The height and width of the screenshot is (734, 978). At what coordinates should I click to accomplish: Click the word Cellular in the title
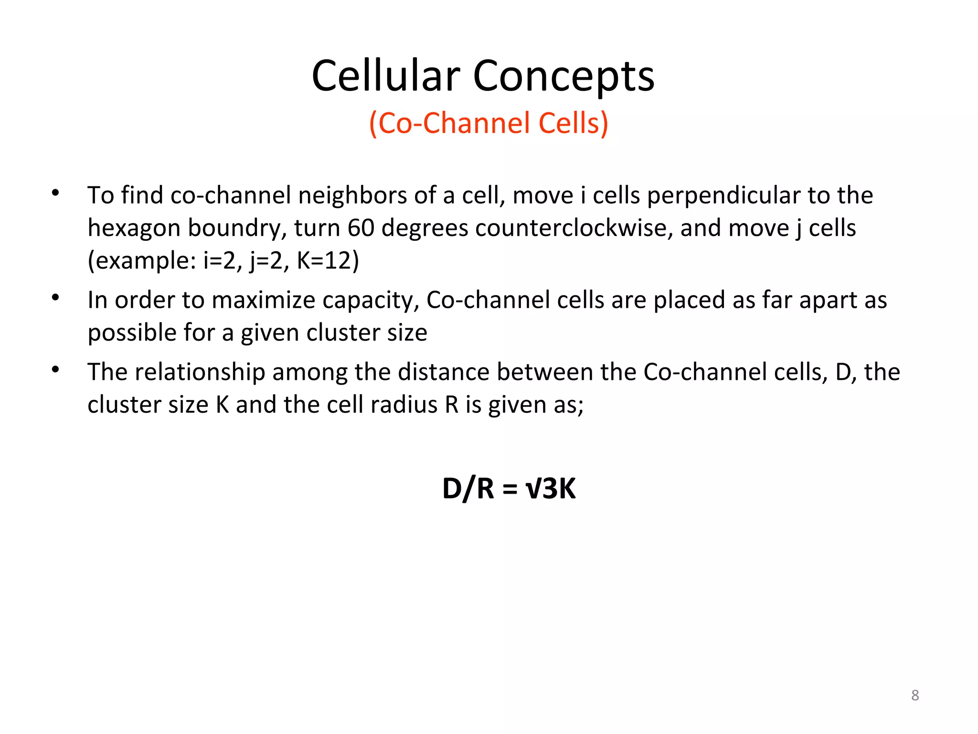coord(386,76)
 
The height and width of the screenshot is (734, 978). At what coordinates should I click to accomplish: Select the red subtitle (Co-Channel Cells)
coord(489,123)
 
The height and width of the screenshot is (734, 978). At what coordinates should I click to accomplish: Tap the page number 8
coord(915,695)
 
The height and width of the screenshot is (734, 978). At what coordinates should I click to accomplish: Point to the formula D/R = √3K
coord(509,488)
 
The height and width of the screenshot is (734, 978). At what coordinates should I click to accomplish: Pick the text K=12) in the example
coord(328,260)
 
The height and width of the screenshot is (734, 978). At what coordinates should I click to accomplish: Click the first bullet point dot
coord(55,193)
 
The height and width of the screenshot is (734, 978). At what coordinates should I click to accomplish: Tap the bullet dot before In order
coord(55,297)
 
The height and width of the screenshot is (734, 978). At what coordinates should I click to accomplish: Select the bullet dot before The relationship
coord(55,369)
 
